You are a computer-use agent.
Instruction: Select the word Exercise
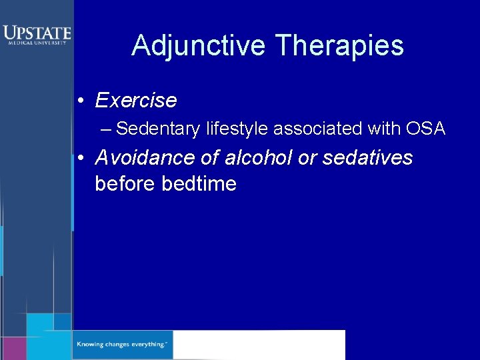tap(136, 101)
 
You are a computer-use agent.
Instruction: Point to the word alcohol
tap(253, 158)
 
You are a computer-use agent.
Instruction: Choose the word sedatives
tap(368, 158)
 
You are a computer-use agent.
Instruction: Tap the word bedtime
tap(199, 183)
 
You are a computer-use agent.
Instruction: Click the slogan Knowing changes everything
tap(121, 345)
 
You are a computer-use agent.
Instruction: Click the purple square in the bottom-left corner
tap(13, 348)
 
